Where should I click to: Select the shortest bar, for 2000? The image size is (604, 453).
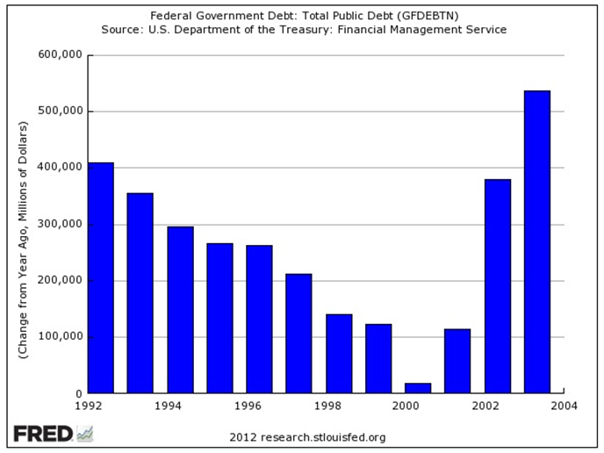pos(418,388)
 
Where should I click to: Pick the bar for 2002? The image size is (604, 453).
pos(497,286)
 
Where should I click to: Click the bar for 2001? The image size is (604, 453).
pos(457,361)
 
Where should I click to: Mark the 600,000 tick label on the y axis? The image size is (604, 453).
pos(61,55)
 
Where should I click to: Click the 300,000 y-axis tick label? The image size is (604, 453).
pos(61,225)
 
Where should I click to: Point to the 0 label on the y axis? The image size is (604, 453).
pos(77,394)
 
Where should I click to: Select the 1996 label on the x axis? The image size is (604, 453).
pos(247,408)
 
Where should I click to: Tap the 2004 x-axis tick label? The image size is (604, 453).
pos(564,408)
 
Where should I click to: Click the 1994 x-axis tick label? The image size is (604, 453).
pos(167,408)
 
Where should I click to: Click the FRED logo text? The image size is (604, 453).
pos(43,434)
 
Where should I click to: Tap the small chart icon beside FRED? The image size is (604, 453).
pos(85,434)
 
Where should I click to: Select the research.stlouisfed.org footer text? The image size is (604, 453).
pos(307,436)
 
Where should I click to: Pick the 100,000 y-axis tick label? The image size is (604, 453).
pos(61,337)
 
